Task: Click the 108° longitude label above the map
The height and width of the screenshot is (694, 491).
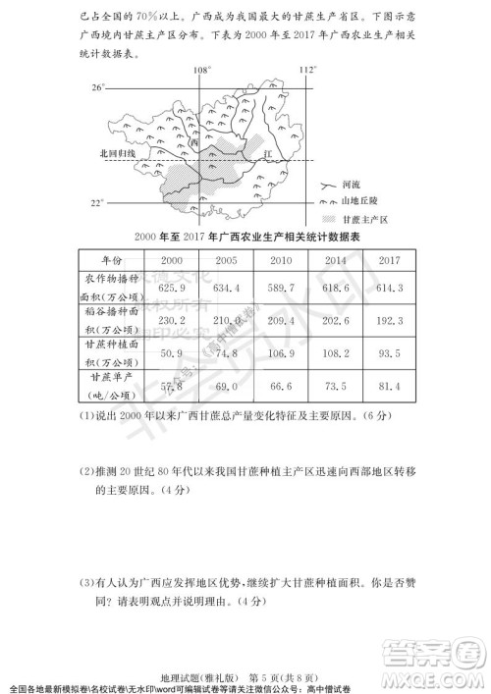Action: pyautogui.click(x=201, y=71)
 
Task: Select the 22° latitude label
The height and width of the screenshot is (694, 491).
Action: pyautogui.click(x=97, y=203)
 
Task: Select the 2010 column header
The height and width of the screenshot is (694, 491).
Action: pyautogui.click(x=280, y=260)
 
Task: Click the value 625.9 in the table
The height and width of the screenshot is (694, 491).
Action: pyautogui.click(x=172, y=287)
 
